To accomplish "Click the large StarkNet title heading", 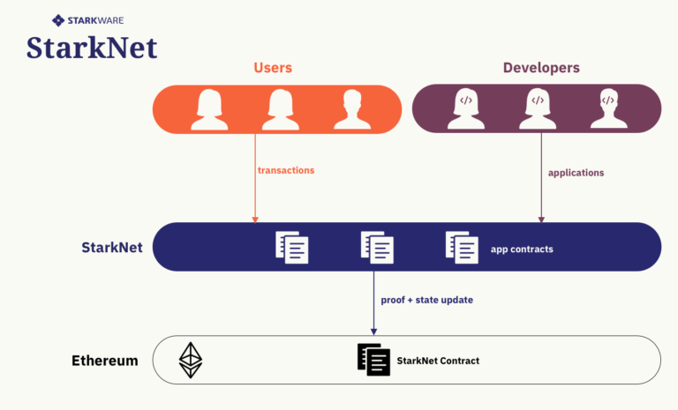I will coord(92,47).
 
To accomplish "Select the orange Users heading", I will coord(273,68).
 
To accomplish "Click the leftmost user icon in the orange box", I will coord(209,109).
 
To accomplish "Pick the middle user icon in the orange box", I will coord(280,109).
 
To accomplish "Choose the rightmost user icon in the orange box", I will coord(352,109).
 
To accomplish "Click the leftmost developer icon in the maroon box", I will coord(465,109).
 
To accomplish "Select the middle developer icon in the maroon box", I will coord(537,109).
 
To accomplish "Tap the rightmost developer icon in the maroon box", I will coord(608,109).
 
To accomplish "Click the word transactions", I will coord(286,170).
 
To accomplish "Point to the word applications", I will coord(576,173).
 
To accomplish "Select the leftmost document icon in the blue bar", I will coord(292,247).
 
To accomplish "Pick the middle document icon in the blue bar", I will coord(377,247).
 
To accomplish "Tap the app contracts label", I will coord(522,250).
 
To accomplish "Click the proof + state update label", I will coord(426,300).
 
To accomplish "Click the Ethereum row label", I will coord(105,361).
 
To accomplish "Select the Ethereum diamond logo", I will coord(191,360).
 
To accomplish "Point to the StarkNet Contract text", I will coord(438,361).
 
